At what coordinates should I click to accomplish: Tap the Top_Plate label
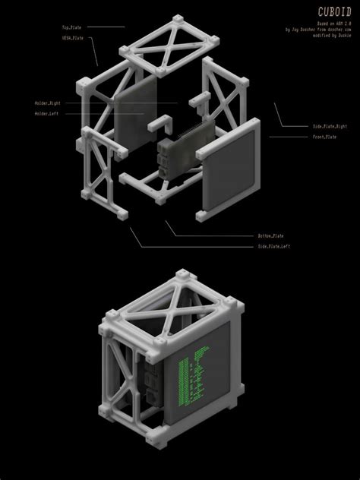(x=71, y=27)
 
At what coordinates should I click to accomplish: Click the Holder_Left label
(x=46, y=114)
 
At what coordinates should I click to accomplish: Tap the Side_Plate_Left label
(x=273, y=246)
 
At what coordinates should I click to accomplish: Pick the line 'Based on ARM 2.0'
(x=327, y=23)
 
